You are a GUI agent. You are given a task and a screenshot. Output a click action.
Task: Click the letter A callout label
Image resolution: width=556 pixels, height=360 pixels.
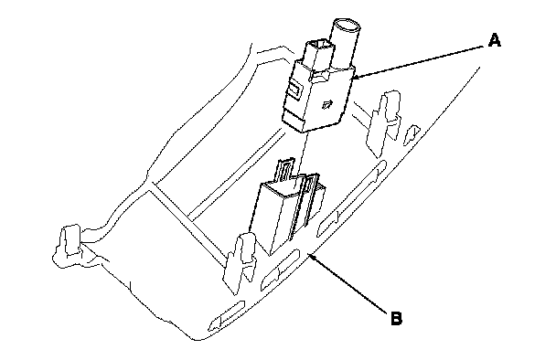pos(495,40)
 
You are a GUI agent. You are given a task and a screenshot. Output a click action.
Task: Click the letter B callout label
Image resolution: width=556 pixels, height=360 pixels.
pos(397,318)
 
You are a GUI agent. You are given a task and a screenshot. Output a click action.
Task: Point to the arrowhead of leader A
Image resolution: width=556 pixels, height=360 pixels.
pos(356,77)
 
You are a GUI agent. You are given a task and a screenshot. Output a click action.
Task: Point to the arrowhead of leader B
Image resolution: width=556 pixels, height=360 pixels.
pos(311,256)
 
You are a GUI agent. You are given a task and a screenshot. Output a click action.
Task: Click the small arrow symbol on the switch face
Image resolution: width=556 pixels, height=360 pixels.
pos(327,104)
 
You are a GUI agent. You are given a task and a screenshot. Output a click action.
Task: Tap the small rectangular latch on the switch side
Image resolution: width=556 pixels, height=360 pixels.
pos(294,88)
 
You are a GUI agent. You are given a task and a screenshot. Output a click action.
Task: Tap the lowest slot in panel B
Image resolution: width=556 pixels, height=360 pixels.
pos(226,315)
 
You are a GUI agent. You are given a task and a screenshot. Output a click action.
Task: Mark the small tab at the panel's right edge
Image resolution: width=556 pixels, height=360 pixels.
pos(412,134)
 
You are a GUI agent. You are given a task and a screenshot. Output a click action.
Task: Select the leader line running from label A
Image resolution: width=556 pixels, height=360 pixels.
pos(420,61)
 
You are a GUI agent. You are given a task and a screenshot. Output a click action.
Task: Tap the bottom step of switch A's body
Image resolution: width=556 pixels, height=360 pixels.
pos(294,123)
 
